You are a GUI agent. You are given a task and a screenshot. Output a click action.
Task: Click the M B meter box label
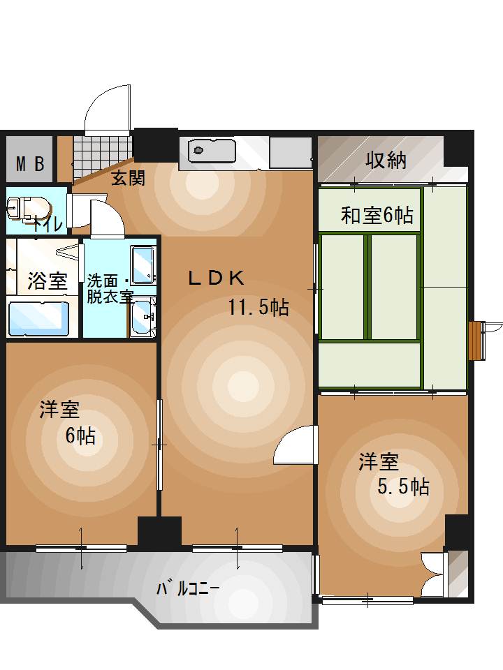[30, 164]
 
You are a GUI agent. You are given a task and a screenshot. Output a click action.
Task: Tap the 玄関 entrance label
[129, 178]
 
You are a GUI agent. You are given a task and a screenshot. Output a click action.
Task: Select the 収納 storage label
[386, 161]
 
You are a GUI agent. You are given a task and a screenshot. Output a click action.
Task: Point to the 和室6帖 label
[377, 216]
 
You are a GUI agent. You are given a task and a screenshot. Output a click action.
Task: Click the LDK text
[216, 278]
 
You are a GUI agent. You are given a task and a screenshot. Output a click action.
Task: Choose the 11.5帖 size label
[258, 306]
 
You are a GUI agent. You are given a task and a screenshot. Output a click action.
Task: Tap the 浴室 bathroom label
[48, 281]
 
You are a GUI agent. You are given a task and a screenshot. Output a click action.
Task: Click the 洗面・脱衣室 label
[110, 288]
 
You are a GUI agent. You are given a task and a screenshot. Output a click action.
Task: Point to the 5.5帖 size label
[403, 486]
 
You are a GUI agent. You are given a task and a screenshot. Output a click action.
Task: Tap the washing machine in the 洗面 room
[143, 265]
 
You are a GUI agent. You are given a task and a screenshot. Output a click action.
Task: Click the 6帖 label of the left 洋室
[81, 436]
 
